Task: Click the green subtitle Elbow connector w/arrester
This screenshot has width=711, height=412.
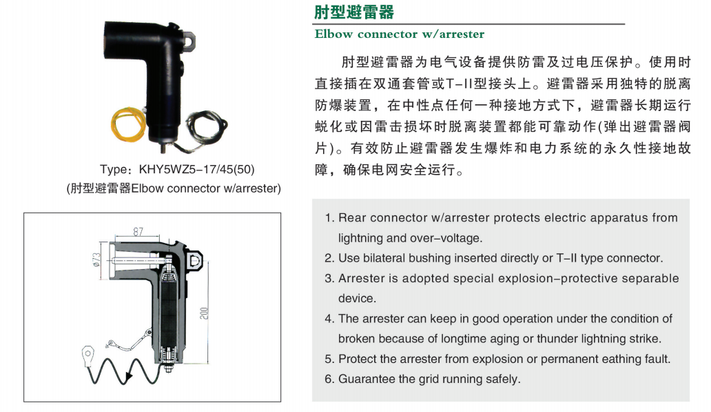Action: pos(400,34)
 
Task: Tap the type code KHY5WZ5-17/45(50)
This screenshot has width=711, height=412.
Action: pos(196,170)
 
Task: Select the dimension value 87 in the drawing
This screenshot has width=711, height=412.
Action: pos(138,232)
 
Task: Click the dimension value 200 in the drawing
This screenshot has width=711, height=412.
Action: pos(204,313)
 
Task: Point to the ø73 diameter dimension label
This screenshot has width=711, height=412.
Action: pos(96,259)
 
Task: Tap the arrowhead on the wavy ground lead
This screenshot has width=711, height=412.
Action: pos(130,376)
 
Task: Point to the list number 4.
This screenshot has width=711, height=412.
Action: pos(329,319)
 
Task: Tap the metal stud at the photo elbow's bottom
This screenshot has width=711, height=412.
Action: pos(162,147)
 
